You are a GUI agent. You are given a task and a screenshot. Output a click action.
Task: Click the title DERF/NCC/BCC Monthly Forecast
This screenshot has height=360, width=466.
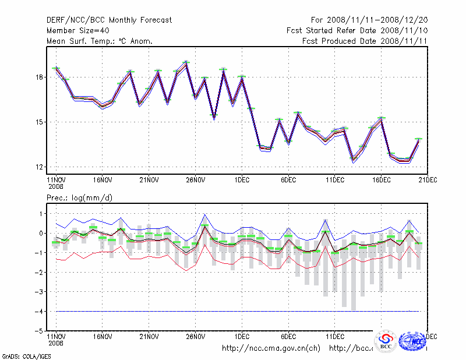(x=110, y=20)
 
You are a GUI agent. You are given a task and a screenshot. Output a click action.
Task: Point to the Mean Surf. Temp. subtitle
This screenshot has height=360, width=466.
(x=100, y=41)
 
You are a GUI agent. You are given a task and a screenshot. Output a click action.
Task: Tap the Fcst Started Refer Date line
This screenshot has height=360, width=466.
(x=357, y=30)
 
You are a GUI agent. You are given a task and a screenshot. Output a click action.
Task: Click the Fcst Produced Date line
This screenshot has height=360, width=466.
(x=365, y=41)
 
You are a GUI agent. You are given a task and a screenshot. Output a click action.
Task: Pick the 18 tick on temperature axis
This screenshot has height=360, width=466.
(x=39, y=77)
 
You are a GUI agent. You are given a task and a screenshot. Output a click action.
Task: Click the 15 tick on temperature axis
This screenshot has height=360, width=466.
(x=39, y=122)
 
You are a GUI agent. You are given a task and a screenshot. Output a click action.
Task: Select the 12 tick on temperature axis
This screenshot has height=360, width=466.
(x=39, y=167)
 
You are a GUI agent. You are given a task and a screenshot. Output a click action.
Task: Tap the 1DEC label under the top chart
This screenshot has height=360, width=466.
(x=242, y=180)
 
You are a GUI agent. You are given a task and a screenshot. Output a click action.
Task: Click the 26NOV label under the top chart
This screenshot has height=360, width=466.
(x=196, y=180)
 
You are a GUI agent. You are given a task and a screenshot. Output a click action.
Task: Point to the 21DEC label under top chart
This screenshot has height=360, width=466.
(x=428, y=180)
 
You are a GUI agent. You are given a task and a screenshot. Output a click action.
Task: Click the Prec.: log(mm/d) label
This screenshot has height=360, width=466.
(x=80, y=198)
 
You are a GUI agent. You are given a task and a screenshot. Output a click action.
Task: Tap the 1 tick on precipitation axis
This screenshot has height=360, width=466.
(x=40, y=214)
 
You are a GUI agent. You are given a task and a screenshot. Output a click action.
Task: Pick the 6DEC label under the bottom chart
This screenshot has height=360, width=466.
(x=288, y=336)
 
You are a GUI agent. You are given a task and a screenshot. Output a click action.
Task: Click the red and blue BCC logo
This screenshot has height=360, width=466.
(x=386, y=341)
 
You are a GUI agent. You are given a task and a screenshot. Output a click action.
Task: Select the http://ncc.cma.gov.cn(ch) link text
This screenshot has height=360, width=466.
(x=271, y=348)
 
